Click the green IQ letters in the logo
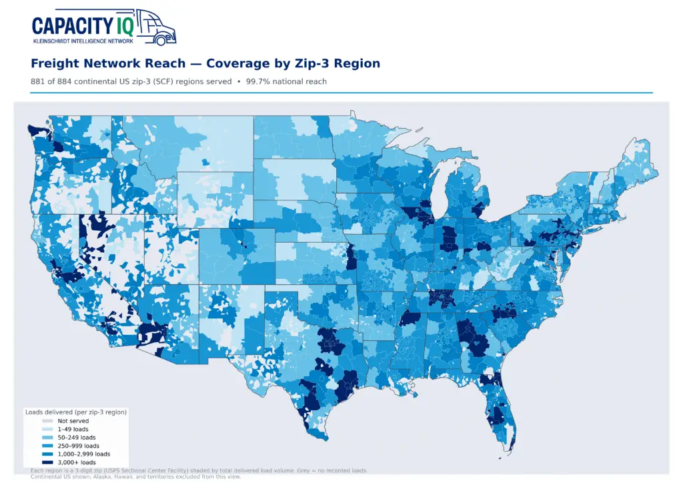pos(125,26)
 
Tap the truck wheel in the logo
pos(161,41)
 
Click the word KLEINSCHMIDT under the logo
pos(51,41)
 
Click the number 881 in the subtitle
pos(37,81)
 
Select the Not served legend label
pos(73,421)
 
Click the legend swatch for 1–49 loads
pos(47,429)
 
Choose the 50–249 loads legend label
pos(77,438)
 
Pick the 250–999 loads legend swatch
pos(47,446)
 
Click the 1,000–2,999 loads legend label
pos(84,454)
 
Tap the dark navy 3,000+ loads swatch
pos(47,462)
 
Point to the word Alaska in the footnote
pos(102,476)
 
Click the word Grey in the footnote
pos(304,470)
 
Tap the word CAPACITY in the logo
pos(73,26)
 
